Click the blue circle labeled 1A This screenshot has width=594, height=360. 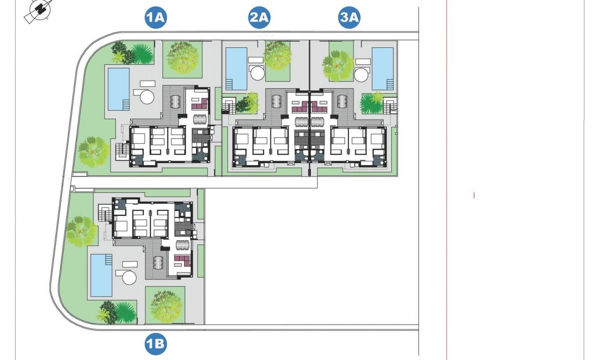[156, 18]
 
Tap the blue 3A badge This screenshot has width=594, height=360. [350, 18]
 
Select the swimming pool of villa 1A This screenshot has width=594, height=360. [119, 89]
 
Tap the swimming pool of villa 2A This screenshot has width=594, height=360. [236, 68]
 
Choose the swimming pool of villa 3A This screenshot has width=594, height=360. [383, 68]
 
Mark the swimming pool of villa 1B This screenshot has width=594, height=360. [101, 275]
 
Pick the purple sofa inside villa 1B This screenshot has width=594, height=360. [182, 260]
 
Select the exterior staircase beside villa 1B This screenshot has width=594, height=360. [105, 214]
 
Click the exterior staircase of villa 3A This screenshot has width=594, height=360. [390, 107]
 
